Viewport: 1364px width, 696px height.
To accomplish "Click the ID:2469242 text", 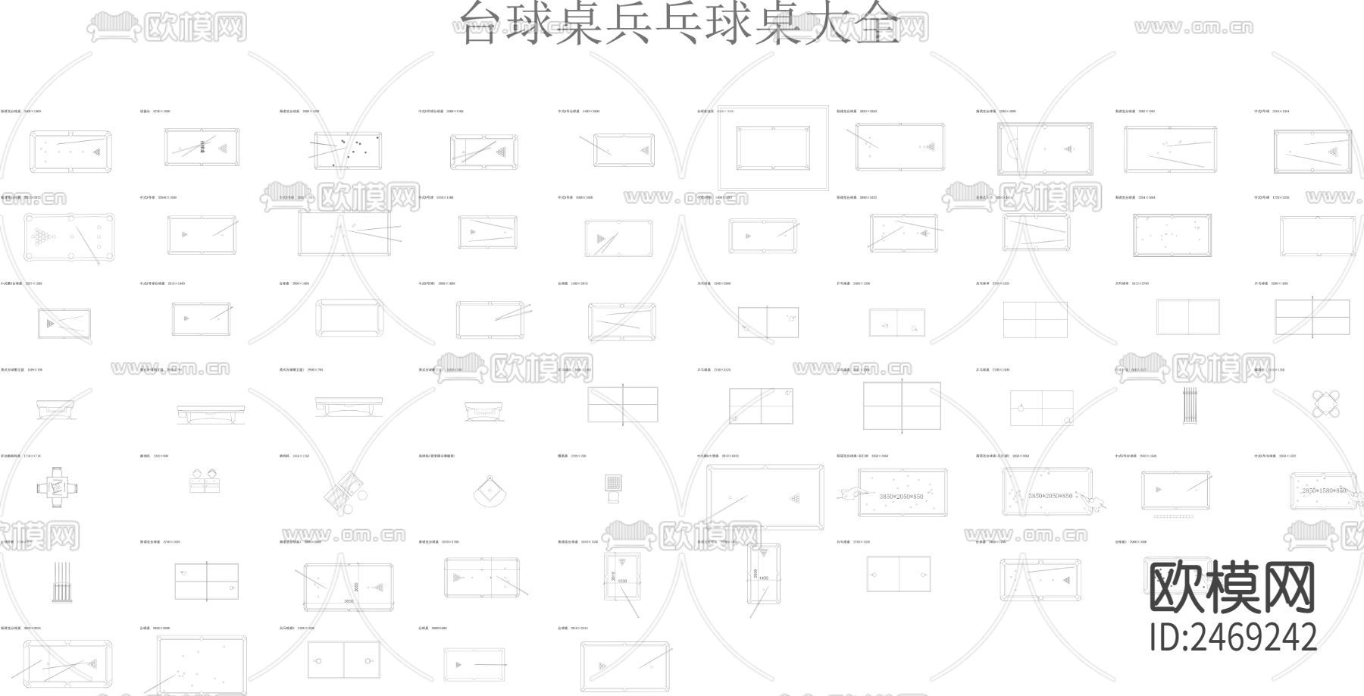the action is click(x=1232, y=638).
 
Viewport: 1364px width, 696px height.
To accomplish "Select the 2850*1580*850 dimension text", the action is click(x=1324, y=491).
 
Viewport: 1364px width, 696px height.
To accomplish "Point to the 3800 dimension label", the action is click(x=348, y=601).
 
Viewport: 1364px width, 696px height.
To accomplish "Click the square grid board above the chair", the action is click(x=614, y=482).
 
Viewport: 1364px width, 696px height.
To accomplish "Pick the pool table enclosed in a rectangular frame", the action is click(x=773, y=149).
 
